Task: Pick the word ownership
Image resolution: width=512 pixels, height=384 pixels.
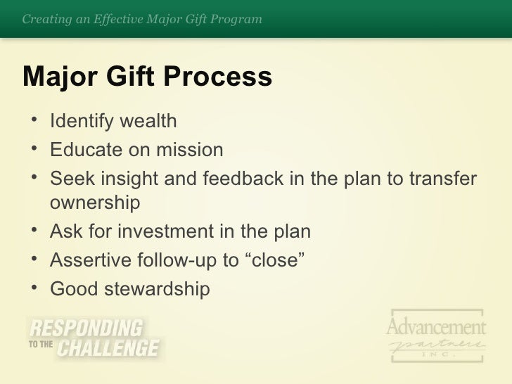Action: point(95,204)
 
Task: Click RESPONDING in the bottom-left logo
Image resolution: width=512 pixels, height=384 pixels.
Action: point(85,328)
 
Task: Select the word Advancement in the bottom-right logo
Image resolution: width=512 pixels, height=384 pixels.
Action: point(436,327)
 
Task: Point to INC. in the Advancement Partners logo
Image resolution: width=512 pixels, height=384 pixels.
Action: point(437,354)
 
